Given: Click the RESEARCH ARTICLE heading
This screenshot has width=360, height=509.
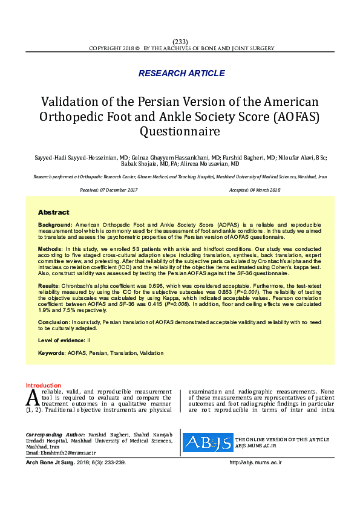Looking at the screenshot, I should tap(182, 74).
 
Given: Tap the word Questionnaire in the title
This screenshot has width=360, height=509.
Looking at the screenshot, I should tap(180, 130).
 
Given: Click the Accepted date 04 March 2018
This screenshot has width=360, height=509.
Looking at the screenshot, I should tap(255, 190).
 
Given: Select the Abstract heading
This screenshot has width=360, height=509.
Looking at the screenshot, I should tap(54, 213).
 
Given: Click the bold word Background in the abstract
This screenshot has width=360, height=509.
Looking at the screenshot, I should tap(55, 224).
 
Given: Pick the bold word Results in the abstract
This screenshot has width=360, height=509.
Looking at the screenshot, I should tap(49, 285).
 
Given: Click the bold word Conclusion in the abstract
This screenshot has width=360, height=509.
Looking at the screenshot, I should tap(53, 322).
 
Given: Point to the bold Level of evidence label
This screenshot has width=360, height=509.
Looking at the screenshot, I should tap(62, 341).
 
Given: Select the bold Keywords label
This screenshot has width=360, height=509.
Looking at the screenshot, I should tap(51, 352).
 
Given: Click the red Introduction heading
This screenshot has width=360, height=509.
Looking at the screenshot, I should tap(43, 385).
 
